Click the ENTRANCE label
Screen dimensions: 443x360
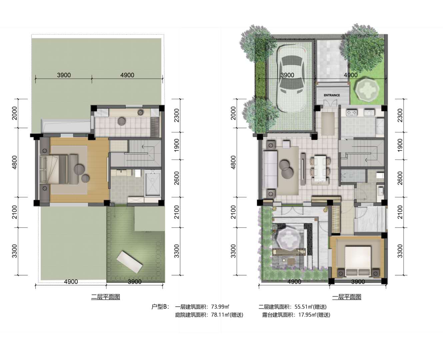coord(332,95)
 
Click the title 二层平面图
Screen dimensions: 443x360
coord(105,297)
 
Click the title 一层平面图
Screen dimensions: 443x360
coord(346,297)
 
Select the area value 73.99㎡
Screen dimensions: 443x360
coord(220,307)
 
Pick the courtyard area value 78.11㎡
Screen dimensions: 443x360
coord(220,315)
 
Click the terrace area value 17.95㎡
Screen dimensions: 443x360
coord(307,315)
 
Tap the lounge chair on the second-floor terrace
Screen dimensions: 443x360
coord(129,262)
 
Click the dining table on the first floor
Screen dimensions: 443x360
coord(320,169)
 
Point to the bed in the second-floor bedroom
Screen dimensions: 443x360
coord(54,170)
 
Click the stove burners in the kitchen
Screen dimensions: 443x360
coord(351,113)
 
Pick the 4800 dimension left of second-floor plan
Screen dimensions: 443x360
coord(15,162)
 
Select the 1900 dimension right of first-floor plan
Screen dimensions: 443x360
coord(400,145)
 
